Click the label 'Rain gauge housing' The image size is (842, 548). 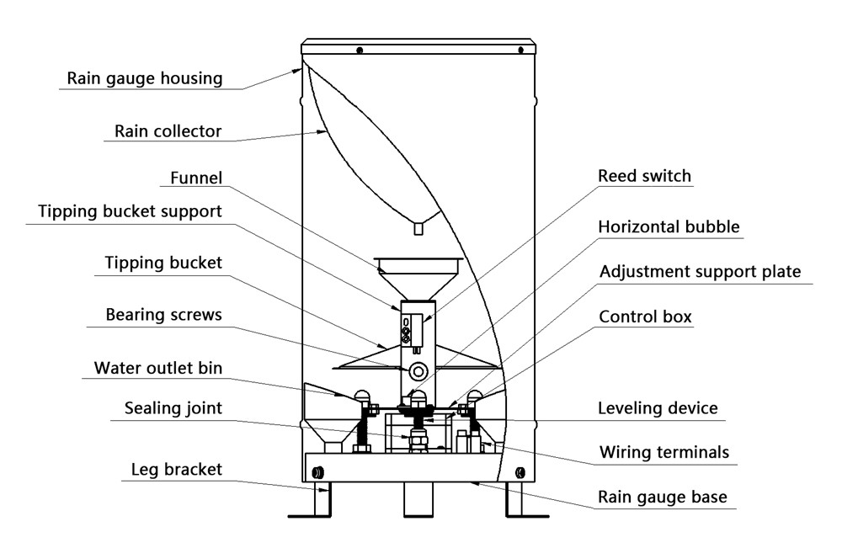[145, 78]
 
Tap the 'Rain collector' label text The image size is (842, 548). [168, 131]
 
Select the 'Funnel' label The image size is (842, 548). [196, 178]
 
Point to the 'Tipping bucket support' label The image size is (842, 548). [130, 211]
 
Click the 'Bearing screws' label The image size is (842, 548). [164, 315]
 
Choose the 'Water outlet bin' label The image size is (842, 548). [158, 368]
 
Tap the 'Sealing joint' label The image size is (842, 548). [173, 408]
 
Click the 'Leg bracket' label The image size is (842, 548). [177, 470]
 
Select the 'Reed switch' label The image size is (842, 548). [644, 176]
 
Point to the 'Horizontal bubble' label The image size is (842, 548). [669, 226]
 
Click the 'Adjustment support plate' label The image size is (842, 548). [701, 272]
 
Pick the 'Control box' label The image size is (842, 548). [645, 317]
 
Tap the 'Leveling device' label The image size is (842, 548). [658, 408]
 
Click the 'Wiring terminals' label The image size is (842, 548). [664, 453]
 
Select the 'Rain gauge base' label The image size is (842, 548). [663, 497]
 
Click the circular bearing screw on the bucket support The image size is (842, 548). [418, 371]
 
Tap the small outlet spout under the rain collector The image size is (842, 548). [418, 229]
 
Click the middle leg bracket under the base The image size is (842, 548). [418, 499]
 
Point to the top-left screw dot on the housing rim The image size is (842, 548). [360, 51]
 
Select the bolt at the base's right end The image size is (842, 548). [520, 473]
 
